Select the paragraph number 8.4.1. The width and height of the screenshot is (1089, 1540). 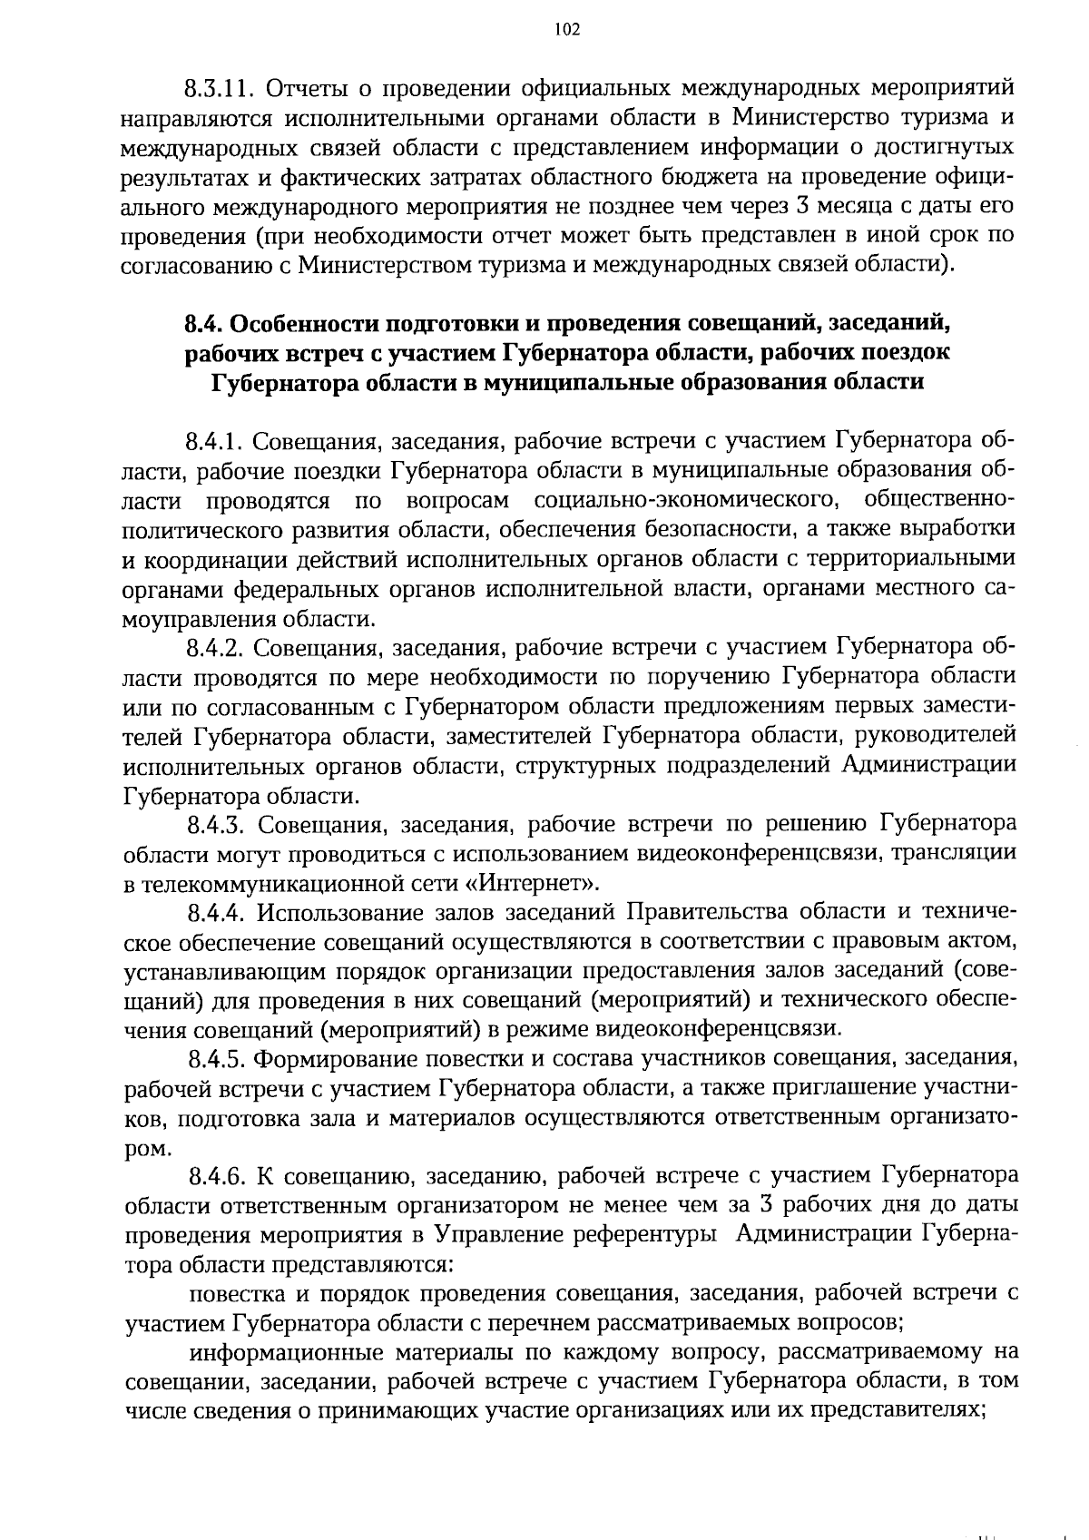pos(214,442)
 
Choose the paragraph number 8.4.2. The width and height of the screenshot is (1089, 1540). pos(216,649)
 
